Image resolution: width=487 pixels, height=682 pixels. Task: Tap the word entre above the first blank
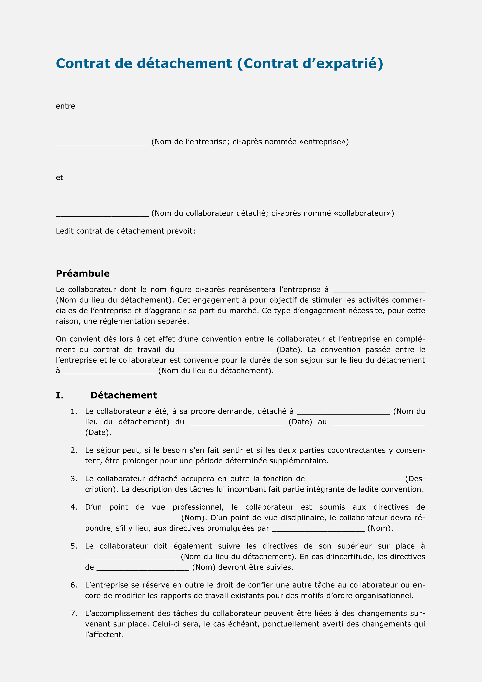65,106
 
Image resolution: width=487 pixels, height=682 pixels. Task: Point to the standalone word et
59,178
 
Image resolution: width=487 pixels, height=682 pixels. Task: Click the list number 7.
74,613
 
